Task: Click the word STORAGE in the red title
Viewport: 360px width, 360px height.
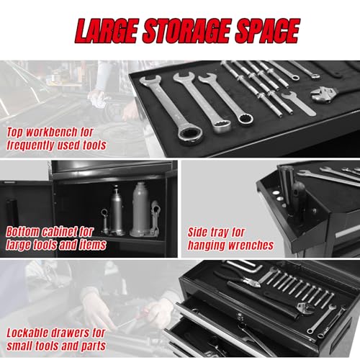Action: pyautogui.click(x=186, y=31)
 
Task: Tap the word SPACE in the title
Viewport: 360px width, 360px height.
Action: pyautogui.click(x=267, y=31)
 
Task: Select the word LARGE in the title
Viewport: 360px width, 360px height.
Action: pyautogui.click(x=107, y=31)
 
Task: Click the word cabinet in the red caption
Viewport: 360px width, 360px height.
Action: pyautogui.click(x=60, y=232)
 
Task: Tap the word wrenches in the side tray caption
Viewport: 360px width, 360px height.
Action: pyautogui.click(x=251, y=245)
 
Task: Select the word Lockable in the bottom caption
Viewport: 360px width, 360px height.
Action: pyautogui.click(x=29, y=333)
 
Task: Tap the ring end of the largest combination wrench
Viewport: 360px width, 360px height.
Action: pyautogui.click(x=191, y=135)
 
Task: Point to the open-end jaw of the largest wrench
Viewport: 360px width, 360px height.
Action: pyautogui.click(x=149, y=81)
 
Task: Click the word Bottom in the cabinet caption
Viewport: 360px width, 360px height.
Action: pyautogui.click(x=23, y=232)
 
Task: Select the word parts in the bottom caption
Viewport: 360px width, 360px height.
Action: pyautogui.click(x=93, y=346)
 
